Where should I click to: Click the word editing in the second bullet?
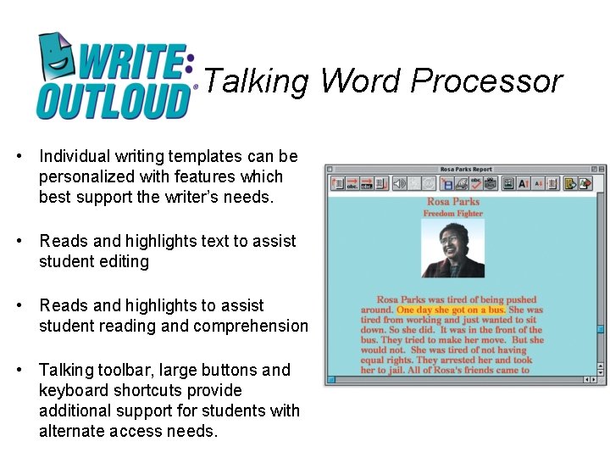[121, 262]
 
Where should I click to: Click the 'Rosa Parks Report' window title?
[466, 170]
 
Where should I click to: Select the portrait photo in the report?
[453, 248]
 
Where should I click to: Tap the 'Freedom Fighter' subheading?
[453, 214]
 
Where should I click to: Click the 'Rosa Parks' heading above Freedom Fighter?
[453, 202]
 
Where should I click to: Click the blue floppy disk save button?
[448, 183]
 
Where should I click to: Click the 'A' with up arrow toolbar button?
[524, 183]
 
